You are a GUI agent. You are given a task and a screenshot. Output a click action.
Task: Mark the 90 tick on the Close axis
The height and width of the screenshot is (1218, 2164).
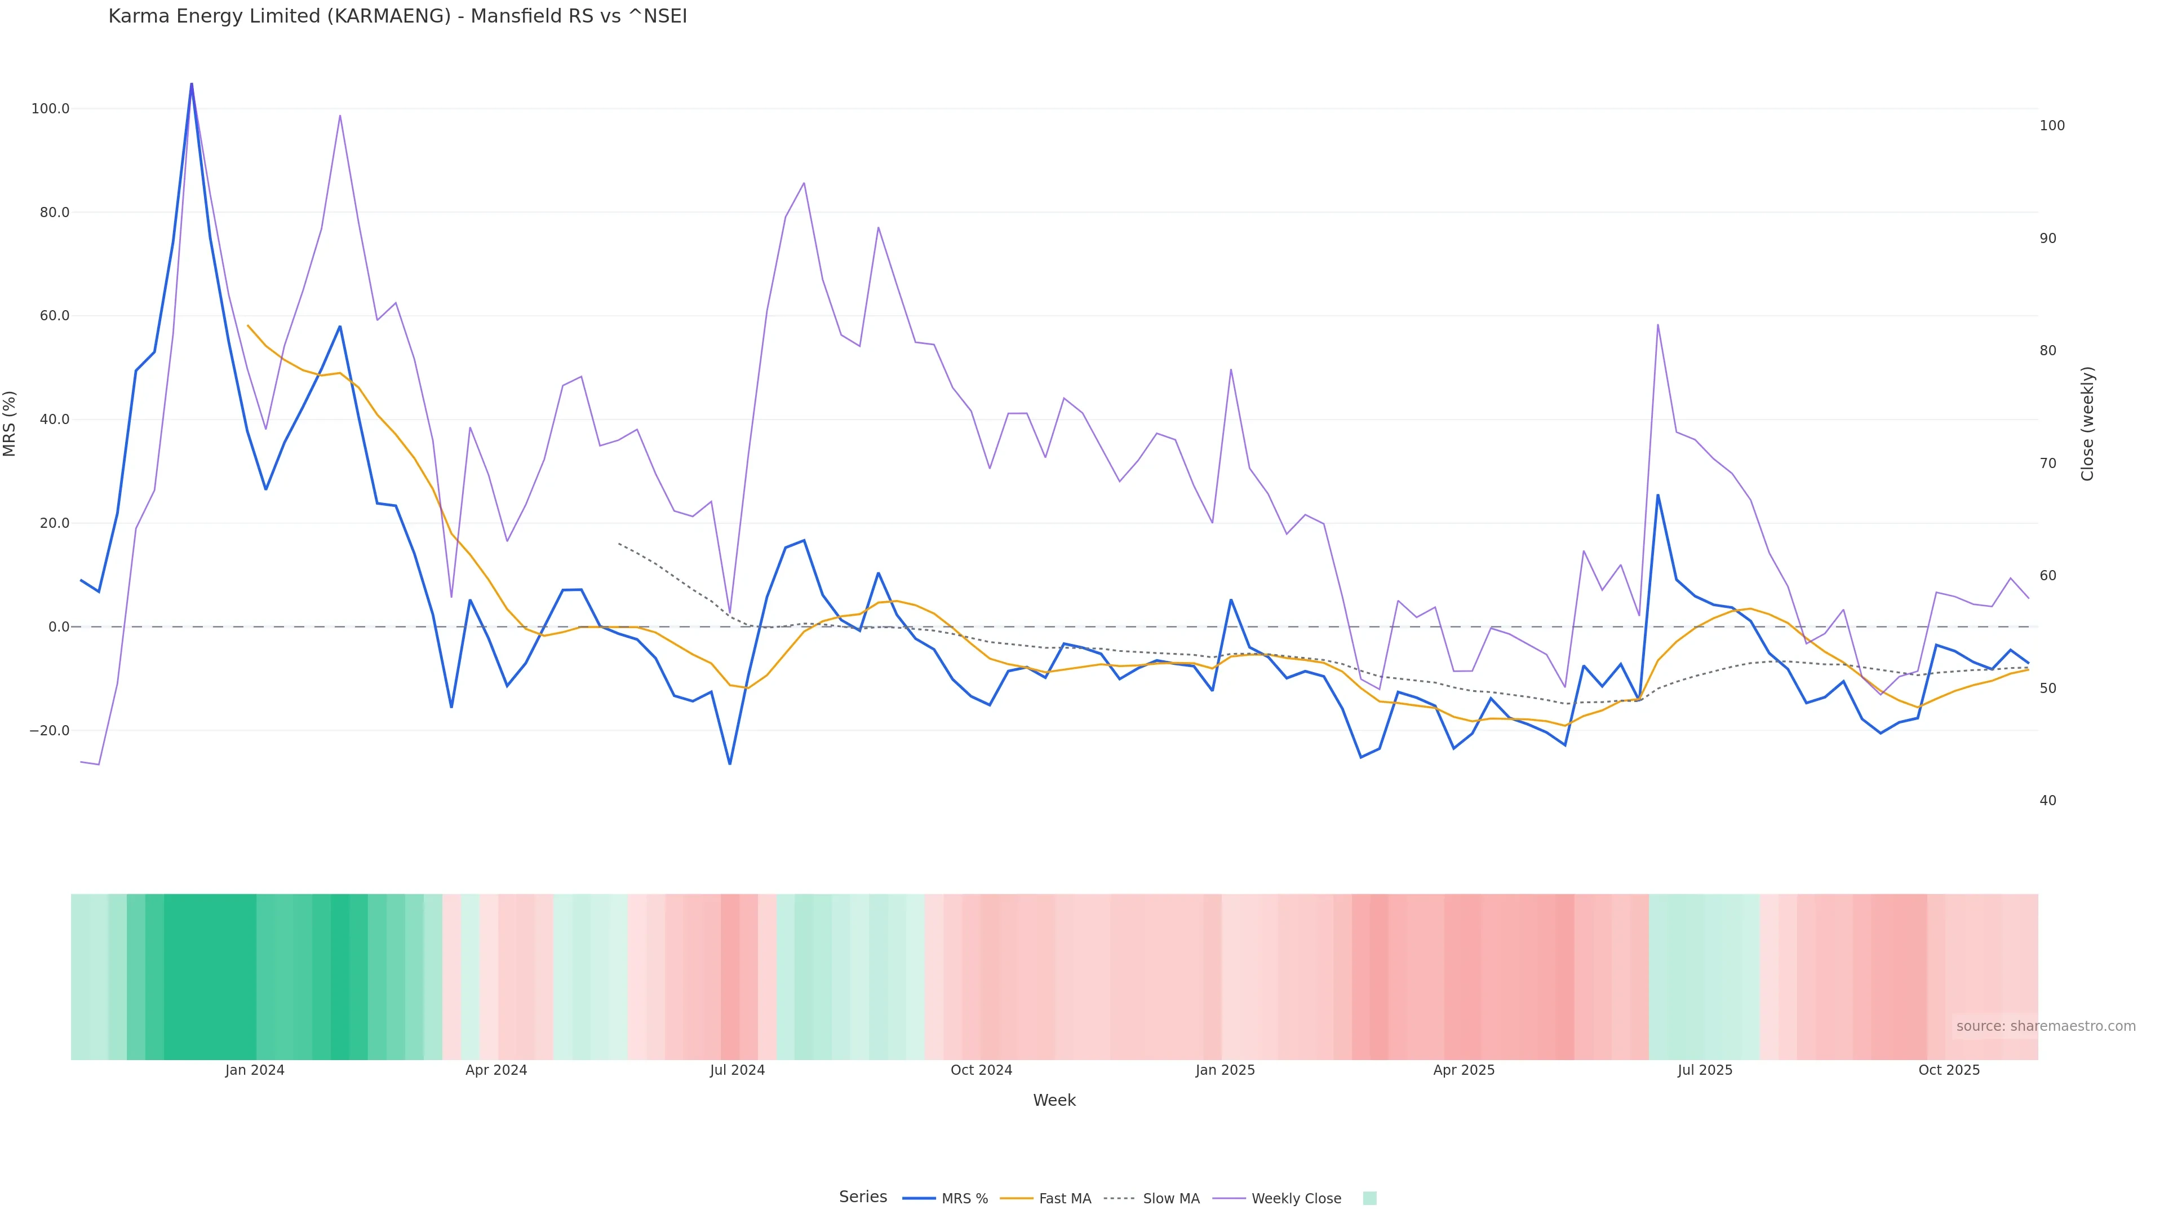tap(2048, 239)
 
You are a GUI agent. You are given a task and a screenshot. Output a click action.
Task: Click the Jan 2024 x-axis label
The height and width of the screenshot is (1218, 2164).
tap(255, 1071)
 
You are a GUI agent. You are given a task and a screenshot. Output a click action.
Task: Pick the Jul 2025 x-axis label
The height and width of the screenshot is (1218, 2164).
tap(1705, 1071)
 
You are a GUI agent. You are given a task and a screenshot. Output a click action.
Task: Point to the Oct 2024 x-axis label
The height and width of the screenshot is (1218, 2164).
tap(981, 1071)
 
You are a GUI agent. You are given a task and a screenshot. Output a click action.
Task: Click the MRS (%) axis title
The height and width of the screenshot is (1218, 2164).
tap(10, 423)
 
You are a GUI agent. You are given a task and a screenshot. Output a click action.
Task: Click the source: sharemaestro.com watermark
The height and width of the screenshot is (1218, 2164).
tap(2046, 1026)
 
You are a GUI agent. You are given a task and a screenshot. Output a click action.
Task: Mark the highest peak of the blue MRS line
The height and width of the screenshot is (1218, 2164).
tap(192, 84)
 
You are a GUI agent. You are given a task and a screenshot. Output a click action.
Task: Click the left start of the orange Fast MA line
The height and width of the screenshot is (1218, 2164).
tap(248, 326)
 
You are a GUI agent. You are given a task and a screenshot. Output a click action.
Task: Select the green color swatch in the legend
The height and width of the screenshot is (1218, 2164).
tap(1369, 1199)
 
